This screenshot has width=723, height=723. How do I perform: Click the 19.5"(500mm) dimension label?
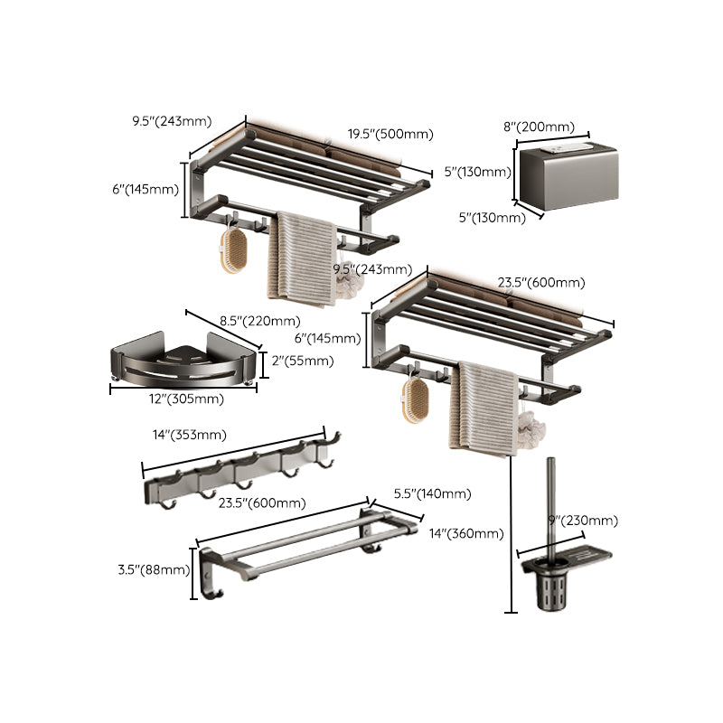pos(390,134)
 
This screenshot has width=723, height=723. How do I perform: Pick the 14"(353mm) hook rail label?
pos(188,436)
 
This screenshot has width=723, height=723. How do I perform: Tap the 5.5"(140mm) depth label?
pos(432,493)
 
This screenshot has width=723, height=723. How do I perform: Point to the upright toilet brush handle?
pos(549,506)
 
